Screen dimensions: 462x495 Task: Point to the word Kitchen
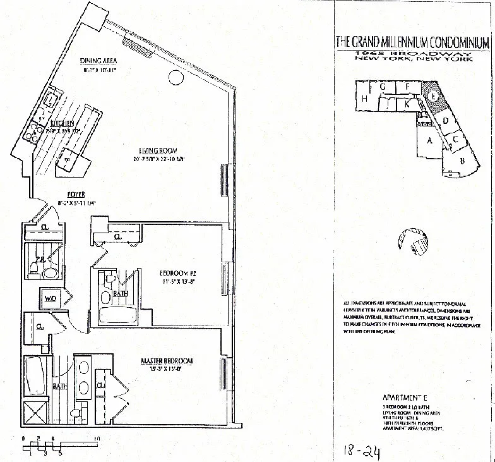click(x=64, y=124)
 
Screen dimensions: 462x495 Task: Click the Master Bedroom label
click(x=166, y=361)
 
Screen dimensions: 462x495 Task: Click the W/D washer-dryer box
click(x=50, y=297)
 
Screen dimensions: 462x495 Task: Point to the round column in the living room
click(x=174, y=78)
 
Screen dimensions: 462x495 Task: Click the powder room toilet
click(x=49, y=272)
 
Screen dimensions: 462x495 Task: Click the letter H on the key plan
click(x=365, y=99)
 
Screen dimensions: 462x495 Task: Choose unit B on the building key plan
click(x=462, y=161)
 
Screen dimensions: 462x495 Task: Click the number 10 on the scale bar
click(x=97, y=437)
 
